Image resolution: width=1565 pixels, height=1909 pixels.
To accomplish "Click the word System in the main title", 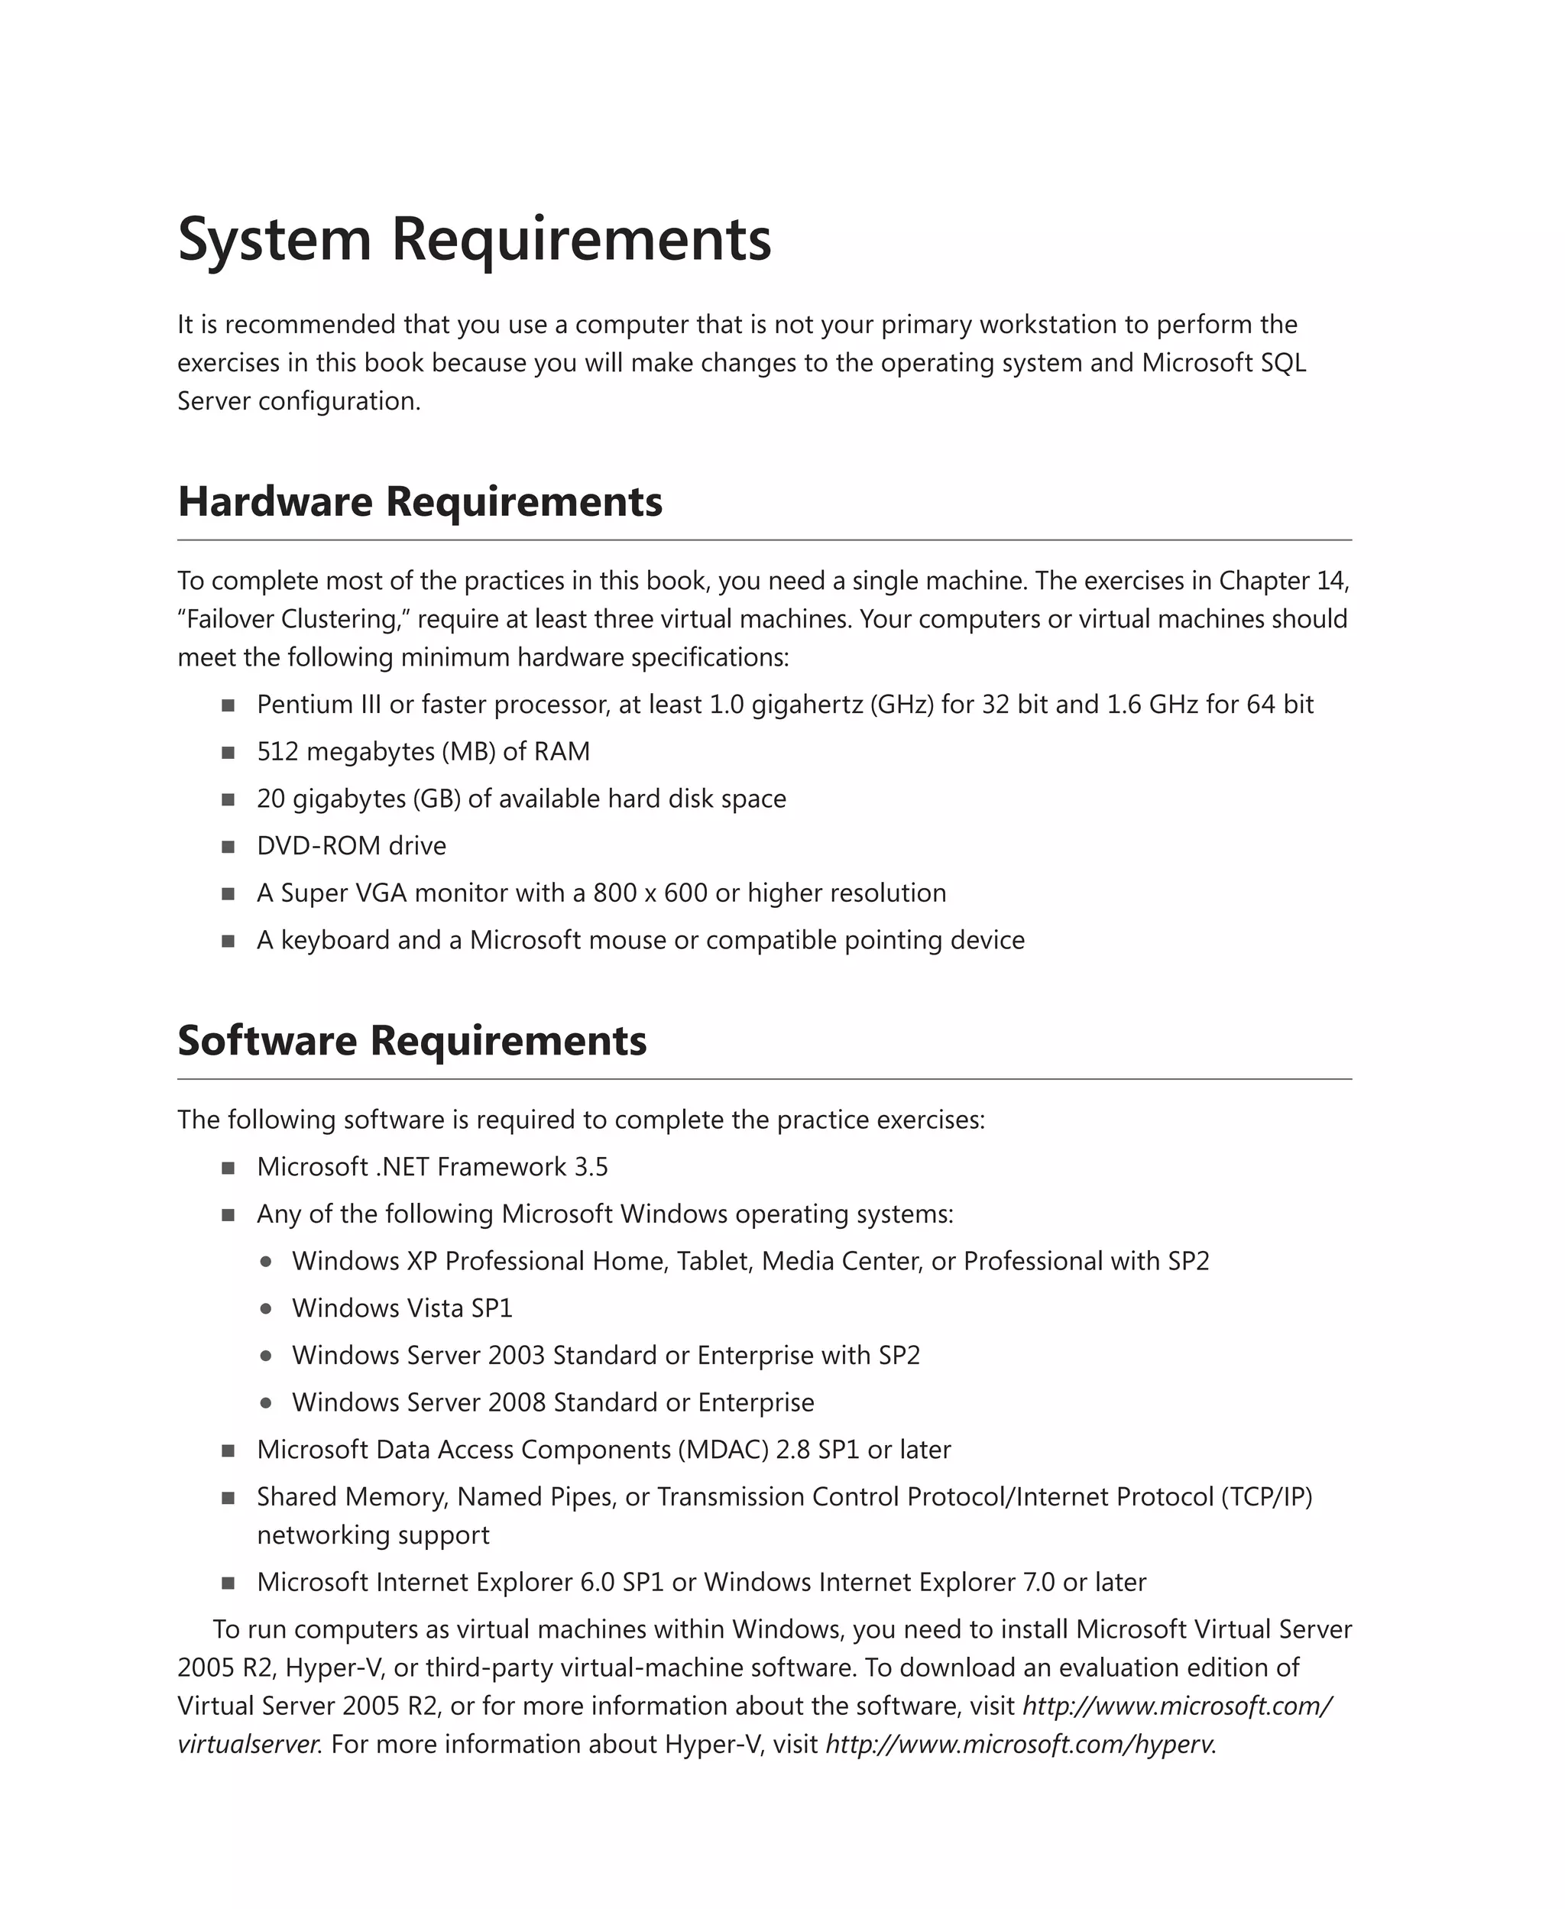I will coord(274,241).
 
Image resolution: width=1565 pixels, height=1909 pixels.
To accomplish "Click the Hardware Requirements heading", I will coord(420,501).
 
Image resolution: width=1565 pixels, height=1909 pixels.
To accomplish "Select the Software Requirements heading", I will coord(411,1040).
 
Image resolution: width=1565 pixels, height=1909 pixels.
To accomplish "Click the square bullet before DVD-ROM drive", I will coord(228,846).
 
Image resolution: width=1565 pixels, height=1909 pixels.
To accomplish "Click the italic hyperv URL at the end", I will coord(1019,1744).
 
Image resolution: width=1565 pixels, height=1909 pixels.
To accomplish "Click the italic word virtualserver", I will coord(248,1744).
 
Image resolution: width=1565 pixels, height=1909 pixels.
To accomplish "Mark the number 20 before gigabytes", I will coord(271,799).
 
